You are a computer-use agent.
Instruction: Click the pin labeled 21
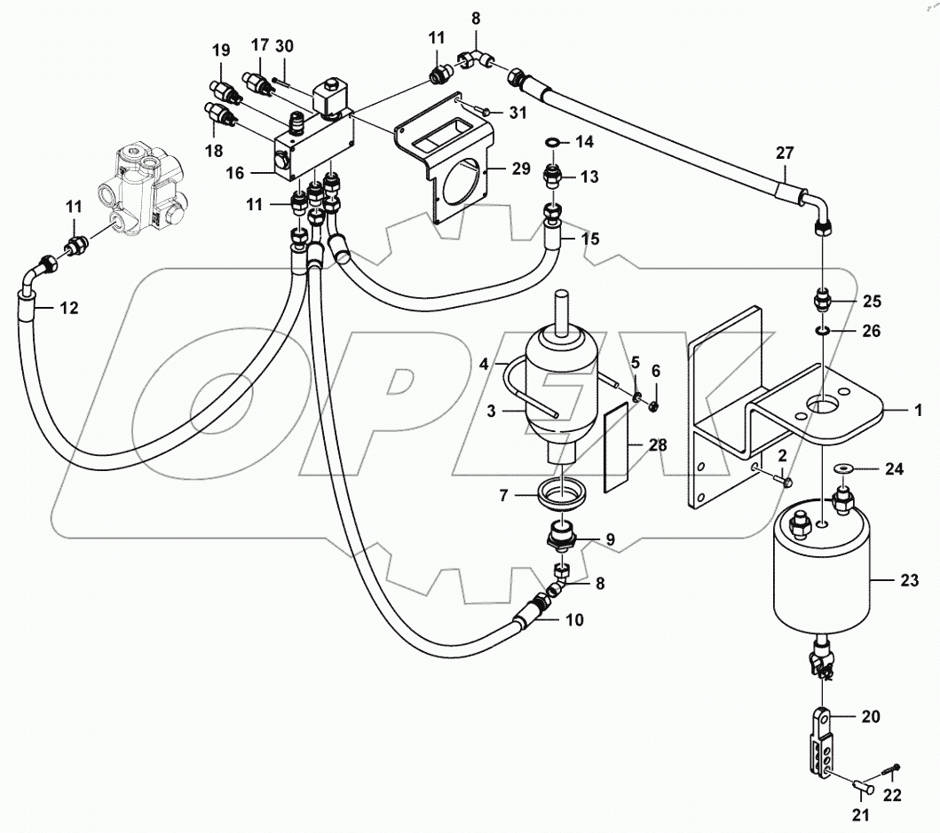860,787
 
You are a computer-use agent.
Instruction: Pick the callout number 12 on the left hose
69,309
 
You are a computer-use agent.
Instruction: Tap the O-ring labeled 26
824,331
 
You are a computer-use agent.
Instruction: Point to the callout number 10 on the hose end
574,620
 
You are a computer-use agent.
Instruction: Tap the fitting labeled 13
553,176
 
